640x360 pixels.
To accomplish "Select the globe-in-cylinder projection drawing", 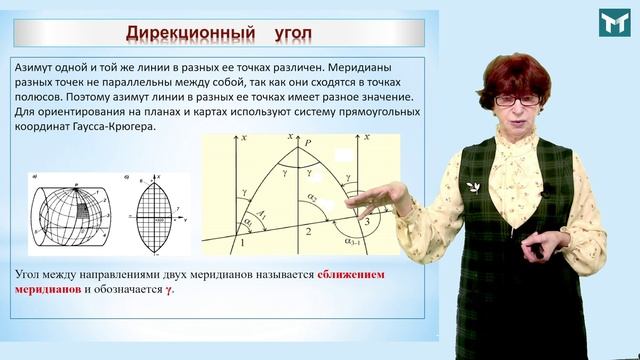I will [x=67, y=215].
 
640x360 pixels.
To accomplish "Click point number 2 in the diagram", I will [x=308, y=232].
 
